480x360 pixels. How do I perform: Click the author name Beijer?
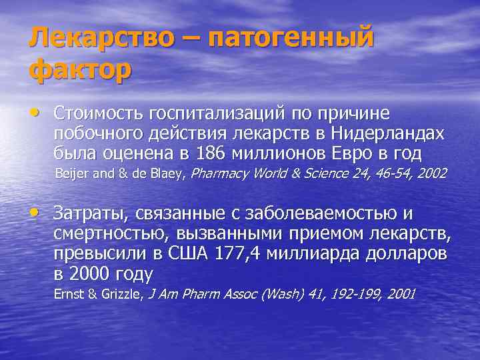[70, 175]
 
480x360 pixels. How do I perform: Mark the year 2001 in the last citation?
[400, 293]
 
